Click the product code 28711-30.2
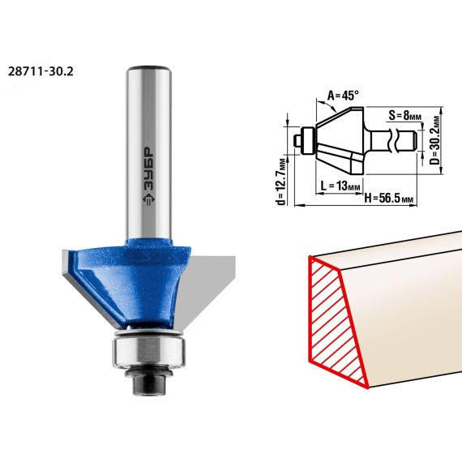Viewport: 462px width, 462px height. [x=41, y=71]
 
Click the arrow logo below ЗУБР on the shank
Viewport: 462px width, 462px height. [x=148, y=199]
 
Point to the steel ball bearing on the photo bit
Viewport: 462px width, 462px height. [x=148, y=353]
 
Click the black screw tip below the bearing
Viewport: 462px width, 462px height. [x=148, y=385]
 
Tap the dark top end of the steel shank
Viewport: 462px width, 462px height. [x=148, y=68]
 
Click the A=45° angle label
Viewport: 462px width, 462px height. [x=344, y=96]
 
